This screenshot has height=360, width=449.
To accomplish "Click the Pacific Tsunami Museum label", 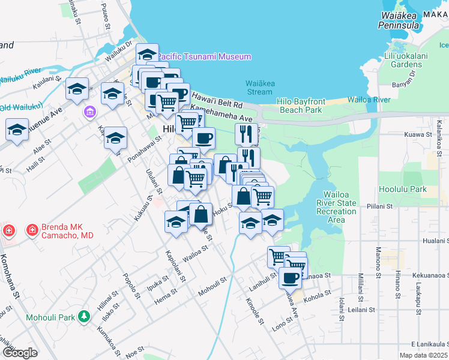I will [x=204, y=56].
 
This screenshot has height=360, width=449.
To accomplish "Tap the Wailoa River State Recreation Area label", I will [x=340, y=207].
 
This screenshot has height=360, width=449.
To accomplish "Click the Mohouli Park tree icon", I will [x=85, y=315].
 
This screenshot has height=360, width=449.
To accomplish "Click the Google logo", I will [x=20, y=352].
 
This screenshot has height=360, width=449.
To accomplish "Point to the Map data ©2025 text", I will [x=423, y=355].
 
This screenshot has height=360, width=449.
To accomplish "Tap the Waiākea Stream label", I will [x=259, y=88].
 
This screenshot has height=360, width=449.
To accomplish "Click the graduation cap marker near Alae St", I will [x=17, y=130].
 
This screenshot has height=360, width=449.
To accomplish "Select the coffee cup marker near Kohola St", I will [x=291, y=278].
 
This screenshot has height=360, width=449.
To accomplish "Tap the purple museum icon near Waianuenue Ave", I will [x=90, y=112].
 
